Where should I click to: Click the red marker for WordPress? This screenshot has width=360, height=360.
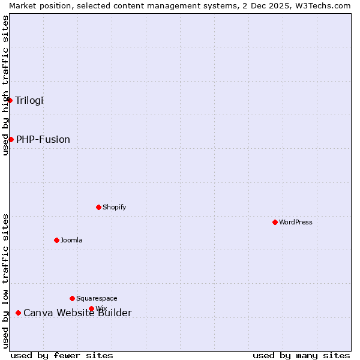[x=275, y=222]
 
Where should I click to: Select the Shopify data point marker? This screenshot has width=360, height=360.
[x=98, y=207]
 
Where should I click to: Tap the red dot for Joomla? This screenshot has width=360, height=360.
[x=56, y=240]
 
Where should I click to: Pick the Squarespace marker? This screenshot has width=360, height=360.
[x=72, y=298]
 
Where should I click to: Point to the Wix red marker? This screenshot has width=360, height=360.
[x=91, y=308]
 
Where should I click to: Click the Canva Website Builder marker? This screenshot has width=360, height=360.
[x=18, y=313]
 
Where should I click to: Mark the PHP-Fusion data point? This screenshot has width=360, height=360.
[x=11, y=139]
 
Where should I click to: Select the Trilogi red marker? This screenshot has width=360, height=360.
[x=10, y=100]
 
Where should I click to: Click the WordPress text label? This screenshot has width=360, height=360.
[x=296, y=222]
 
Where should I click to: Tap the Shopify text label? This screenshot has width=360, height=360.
[x=115, y=207]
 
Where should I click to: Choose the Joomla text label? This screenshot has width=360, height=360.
[x=71, y=240]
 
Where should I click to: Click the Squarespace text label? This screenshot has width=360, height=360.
[x=97, y=298]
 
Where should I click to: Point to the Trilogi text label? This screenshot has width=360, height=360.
[x=29, y=100]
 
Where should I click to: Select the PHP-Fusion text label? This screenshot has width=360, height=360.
[x=43, y=139]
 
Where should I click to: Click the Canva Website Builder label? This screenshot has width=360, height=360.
[x=77, y=313]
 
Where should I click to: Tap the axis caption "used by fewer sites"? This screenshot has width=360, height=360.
[x=62, y=355]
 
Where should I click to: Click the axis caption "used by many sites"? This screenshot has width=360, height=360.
[x=301, y=355]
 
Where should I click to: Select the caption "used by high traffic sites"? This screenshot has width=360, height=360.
[x=5, y=85]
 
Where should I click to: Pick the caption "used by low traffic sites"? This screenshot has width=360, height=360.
[x=5, y=280]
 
